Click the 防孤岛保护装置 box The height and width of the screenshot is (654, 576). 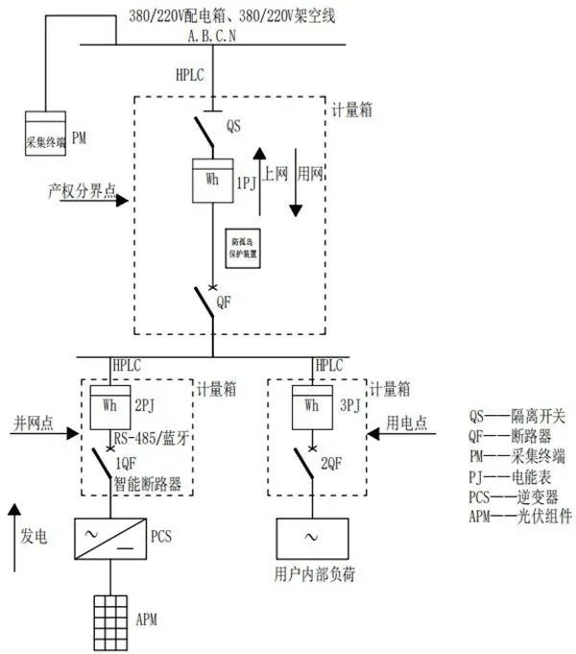pyautogui.click(x=245, y=245)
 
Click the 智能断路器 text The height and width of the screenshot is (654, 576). pyautogui.click(x=147, y=484)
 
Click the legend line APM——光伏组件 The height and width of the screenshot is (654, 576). pyautogui.click(x=519, y=515)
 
